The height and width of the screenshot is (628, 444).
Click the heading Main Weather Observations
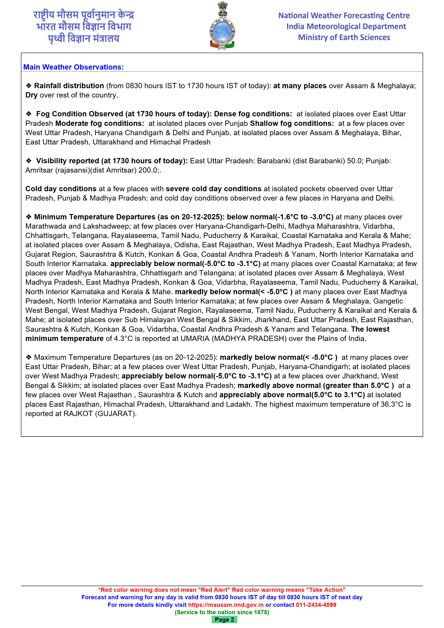coord(74,67)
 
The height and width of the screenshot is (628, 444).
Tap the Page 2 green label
coord(224,620)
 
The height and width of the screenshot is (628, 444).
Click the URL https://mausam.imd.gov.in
coord(226,605)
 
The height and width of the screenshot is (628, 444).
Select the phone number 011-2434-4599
coord(316,605)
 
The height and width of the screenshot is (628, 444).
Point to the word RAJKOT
coord(78,414)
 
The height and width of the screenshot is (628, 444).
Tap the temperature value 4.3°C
coord(123,339)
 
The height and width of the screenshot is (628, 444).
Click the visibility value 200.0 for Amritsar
coord(148,170)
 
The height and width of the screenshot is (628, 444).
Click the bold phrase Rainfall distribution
coord(69,86)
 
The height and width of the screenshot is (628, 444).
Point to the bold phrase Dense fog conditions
coord(253,114)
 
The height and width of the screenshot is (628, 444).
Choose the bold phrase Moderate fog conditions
coord(100,123)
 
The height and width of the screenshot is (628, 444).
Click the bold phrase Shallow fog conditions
coord(292,123)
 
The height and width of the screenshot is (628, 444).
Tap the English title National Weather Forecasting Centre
coord(344,16)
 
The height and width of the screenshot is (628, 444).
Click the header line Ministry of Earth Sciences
coord(344,37)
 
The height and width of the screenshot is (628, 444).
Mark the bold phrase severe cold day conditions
coord(214,189)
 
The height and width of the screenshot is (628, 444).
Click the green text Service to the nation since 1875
coord(222,612)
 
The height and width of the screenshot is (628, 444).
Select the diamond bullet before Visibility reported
coord(29,161)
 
